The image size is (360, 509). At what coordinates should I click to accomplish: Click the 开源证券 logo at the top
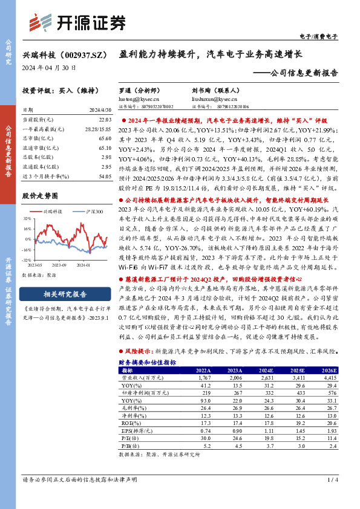[x=77, y=22]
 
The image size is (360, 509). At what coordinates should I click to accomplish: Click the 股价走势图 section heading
[x=40, y=196]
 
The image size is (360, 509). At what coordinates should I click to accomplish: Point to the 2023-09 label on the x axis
[x=59, y=264]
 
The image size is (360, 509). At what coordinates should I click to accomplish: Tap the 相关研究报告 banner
[x=65, y=294]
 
